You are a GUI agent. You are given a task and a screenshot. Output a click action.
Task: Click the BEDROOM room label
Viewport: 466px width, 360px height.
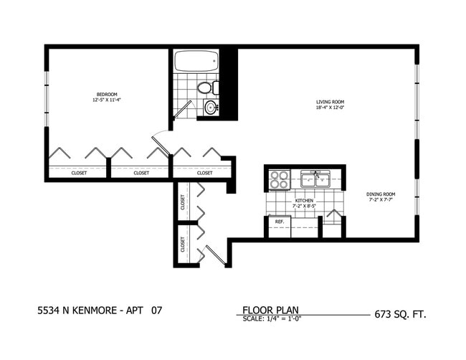coord(108,94)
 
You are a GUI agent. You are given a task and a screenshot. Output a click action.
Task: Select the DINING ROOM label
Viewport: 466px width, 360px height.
coord(380,193)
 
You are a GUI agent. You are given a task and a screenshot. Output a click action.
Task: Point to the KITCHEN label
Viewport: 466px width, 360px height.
coord(303,201)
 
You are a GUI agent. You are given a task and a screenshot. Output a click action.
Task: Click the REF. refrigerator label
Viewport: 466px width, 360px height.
coord(279,222)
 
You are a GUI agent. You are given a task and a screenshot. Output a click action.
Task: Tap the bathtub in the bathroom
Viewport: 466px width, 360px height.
coord(195,61)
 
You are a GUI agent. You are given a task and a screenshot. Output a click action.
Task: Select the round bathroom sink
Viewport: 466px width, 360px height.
coord(211,108)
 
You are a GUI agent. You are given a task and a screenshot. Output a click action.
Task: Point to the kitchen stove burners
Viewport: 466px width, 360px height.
coord(278,179)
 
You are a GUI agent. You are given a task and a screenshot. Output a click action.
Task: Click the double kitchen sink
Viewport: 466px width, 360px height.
coord(315,179)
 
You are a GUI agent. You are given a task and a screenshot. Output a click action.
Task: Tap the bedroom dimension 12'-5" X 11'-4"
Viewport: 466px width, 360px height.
coord(108,100)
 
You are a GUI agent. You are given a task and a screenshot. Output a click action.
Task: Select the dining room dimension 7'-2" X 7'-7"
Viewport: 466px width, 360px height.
coord(380,199)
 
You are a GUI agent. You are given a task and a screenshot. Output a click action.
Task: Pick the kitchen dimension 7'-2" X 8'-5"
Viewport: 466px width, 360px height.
coord(304,207)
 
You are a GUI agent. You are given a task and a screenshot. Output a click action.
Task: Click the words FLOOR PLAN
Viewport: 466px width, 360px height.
coord(270,311)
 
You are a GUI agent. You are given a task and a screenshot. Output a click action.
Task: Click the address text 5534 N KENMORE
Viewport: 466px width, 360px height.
coord(76,311)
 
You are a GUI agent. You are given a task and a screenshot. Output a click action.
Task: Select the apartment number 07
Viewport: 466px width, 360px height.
coord(156,311)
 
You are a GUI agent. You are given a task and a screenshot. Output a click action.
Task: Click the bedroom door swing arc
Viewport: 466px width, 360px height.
coord(161,141)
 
